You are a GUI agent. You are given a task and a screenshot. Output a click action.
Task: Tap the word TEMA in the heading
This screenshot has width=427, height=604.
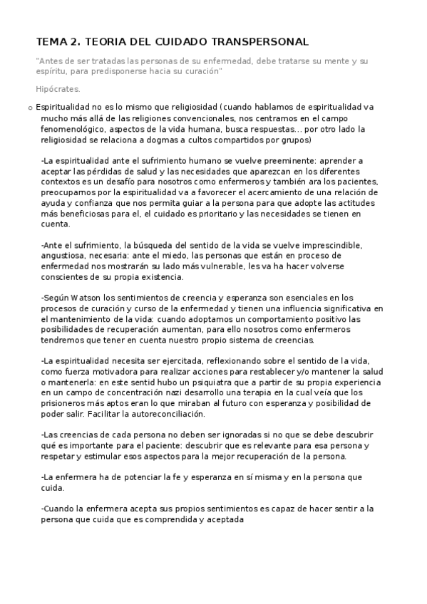click(51, 42)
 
